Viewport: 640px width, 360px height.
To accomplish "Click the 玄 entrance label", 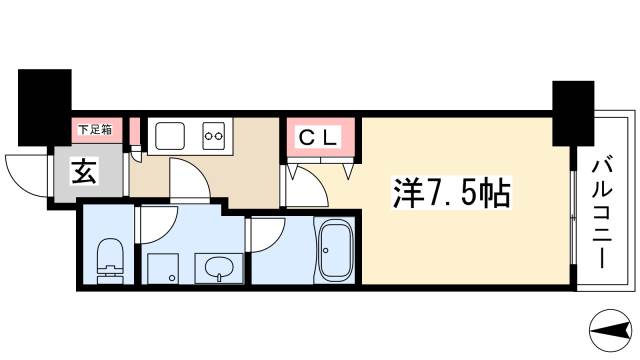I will click(83, 171).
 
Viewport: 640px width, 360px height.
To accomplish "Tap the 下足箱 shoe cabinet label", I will click(96, 128).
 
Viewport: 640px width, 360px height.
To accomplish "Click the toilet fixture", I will click(107, 258).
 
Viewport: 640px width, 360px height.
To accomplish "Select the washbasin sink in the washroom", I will click(218, 268).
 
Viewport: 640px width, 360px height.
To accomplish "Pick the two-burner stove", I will click(214, 133).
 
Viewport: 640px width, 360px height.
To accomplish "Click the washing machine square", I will click(162, 268).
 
